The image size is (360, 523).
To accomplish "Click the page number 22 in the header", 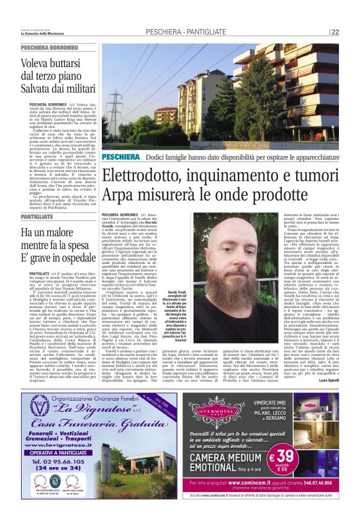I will click(x=335, y=32).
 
